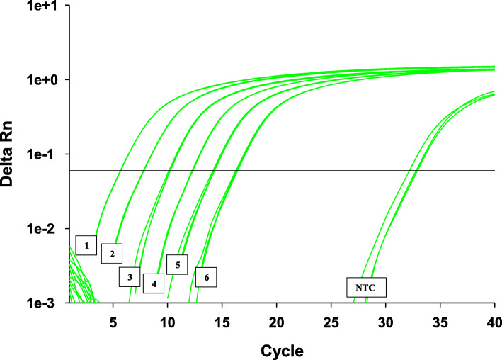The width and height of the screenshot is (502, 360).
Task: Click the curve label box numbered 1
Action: click(86, 245)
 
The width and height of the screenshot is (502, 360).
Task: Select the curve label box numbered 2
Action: click(112, 253)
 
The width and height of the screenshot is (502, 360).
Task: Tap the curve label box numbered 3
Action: click(130, 276)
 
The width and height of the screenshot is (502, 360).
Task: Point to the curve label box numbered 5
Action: click(178, 264)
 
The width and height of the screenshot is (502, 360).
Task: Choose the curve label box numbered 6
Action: click(206, 277)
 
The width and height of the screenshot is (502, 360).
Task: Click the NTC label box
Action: click(366, 286)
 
